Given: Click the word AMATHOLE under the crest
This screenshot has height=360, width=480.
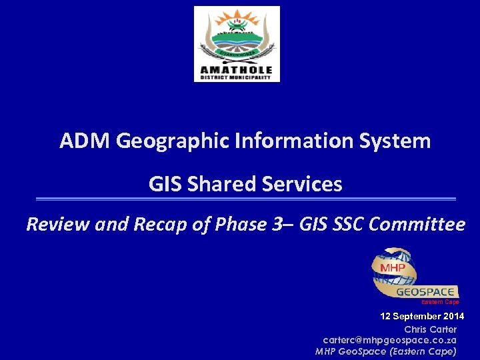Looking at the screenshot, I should [237, 69].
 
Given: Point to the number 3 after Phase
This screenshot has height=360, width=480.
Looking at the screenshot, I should [276, 225].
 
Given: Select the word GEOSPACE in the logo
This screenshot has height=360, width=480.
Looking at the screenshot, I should [427, 292].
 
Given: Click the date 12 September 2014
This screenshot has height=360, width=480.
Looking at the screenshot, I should [422, 316].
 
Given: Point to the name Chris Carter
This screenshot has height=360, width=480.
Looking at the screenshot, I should [430, 329].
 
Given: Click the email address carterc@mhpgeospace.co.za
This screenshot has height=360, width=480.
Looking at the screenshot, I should [389, 340].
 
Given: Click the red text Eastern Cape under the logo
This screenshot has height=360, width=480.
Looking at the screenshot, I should [440, 302].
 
